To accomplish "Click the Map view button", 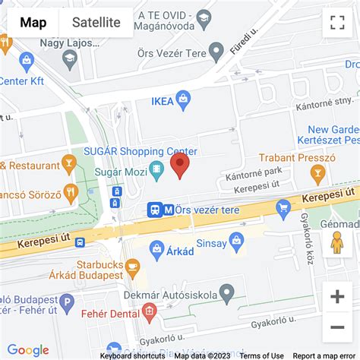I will [33, 22].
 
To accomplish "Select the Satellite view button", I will [96, 22].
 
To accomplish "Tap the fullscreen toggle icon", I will [337, 23].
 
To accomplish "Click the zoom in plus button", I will [337, 297].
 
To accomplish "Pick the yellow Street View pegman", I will [337, 242].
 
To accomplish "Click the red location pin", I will [179, 165].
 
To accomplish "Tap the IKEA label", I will [162, 99].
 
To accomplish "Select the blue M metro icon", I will [169, 209].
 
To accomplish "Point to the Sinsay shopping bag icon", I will [236, 241].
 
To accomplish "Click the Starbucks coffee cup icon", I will [133, 267].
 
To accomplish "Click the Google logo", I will [28, 350].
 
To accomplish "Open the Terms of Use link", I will [261, 355].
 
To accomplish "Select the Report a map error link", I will [324, 355].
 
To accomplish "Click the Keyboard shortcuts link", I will [132, 355].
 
